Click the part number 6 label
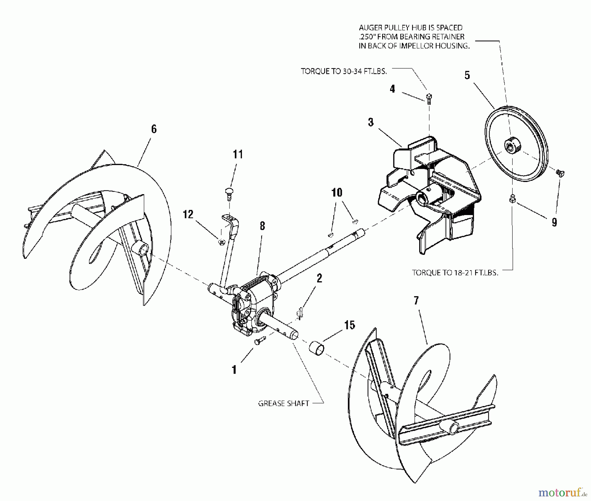(x=154, y=129)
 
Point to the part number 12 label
(x=188, y=214)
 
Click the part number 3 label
(x=371, y=122)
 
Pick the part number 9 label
(x=554, y=222)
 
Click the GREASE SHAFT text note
(x=284, y=403)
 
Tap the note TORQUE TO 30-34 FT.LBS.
(x=343, y=71)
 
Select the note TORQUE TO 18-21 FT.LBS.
(x=455, y=272)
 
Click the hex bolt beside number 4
(x=429, y=98)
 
